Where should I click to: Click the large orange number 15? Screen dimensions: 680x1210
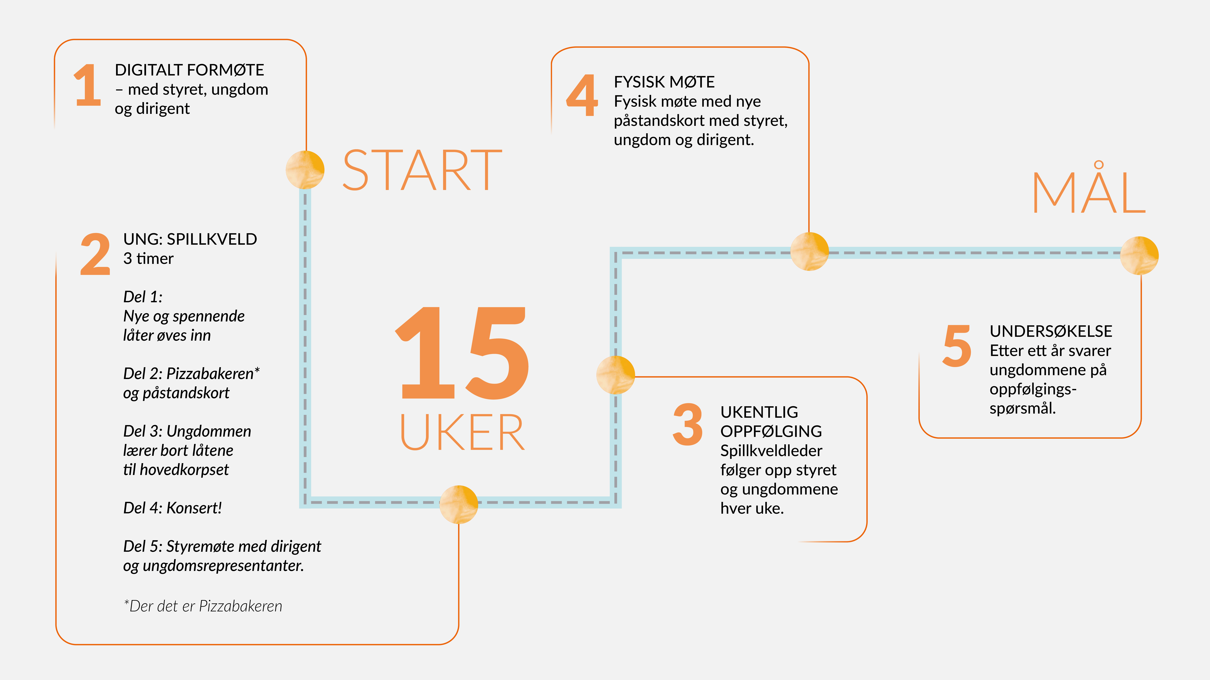tap(463, 353)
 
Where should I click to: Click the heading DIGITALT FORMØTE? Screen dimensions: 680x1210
tap(189, 70)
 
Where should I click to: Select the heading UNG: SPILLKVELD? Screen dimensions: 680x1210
tap(190, 239)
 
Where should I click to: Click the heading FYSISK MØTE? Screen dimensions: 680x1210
tap(664, 82)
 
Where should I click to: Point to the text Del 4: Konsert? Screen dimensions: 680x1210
tap(172, 508)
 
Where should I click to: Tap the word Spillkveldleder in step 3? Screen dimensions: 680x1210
tap(771, 451)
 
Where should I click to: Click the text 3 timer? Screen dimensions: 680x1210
tap(148, 259)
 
